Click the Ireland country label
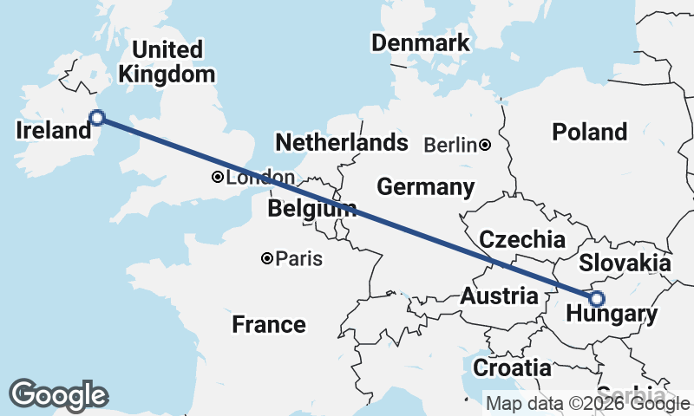[x=54, y=131]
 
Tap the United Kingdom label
[x=167, y=62]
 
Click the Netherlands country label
[x=341, y=142]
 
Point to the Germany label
[x=425, y=187]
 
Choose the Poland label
[x=590, y=132]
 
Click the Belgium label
[x=311, y=209]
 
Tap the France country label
[x=269, y=325]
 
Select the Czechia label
[x=522, y=240]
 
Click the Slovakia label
[x=625, y=263]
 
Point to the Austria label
[x=499, y=296]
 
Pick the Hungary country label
[x=612, y=315]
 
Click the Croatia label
[x=512, y=367]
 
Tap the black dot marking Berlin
[x=485, y=145]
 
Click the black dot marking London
[x=217, y=178]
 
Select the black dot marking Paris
[x=267, y=258]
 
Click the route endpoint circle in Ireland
[x=98, y=118]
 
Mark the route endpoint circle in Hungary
[x=596, y=299]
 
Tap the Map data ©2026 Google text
[x=587, y=403]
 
